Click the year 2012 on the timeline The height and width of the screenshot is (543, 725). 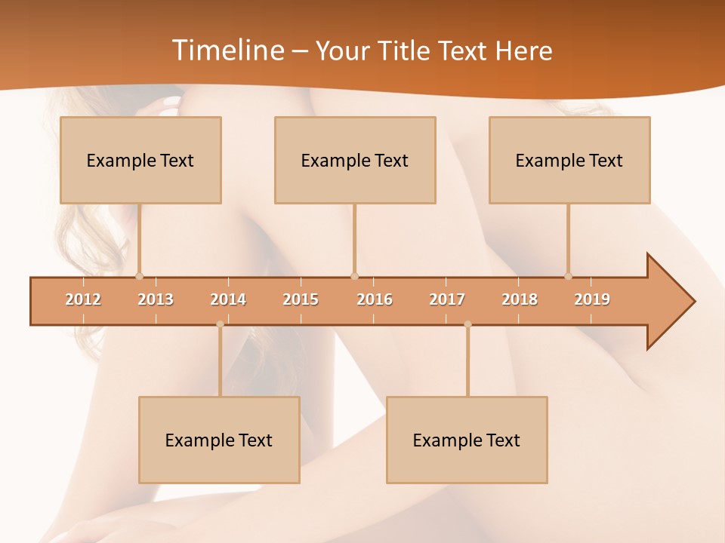point(83,299)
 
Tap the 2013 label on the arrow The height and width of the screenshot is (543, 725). point(156,299)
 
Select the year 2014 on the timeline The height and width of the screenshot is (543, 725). point(228,299)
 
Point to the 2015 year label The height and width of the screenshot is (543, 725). point(301,299)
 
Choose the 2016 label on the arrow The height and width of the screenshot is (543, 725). point(375,299)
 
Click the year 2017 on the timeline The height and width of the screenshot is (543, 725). point(447,299)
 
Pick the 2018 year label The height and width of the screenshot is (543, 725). point(520,299)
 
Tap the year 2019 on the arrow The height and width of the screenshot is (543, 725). point(592,299)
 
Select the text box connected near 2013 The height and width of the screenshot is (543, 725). point(140,160)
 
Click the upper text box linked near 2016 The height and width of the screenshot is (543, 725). point(355,160)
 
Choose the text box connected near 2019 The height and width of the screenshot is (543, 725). point(569,160)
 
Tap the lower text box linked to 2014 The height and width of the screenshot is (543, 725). point(219,440)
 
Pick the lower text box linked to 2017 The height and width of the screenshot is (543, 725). point(467,440)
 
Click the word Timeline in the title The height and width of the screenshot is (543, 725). point(227,51)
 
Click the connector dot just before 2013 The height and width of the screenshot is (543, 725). point(139,276)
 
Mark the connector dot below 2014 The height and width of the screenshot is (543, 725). point(220,324)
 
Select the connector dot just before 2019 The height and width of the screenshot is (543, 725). point(568,276)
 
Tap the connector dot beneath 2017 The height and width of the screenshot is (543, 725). point(467,324)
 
